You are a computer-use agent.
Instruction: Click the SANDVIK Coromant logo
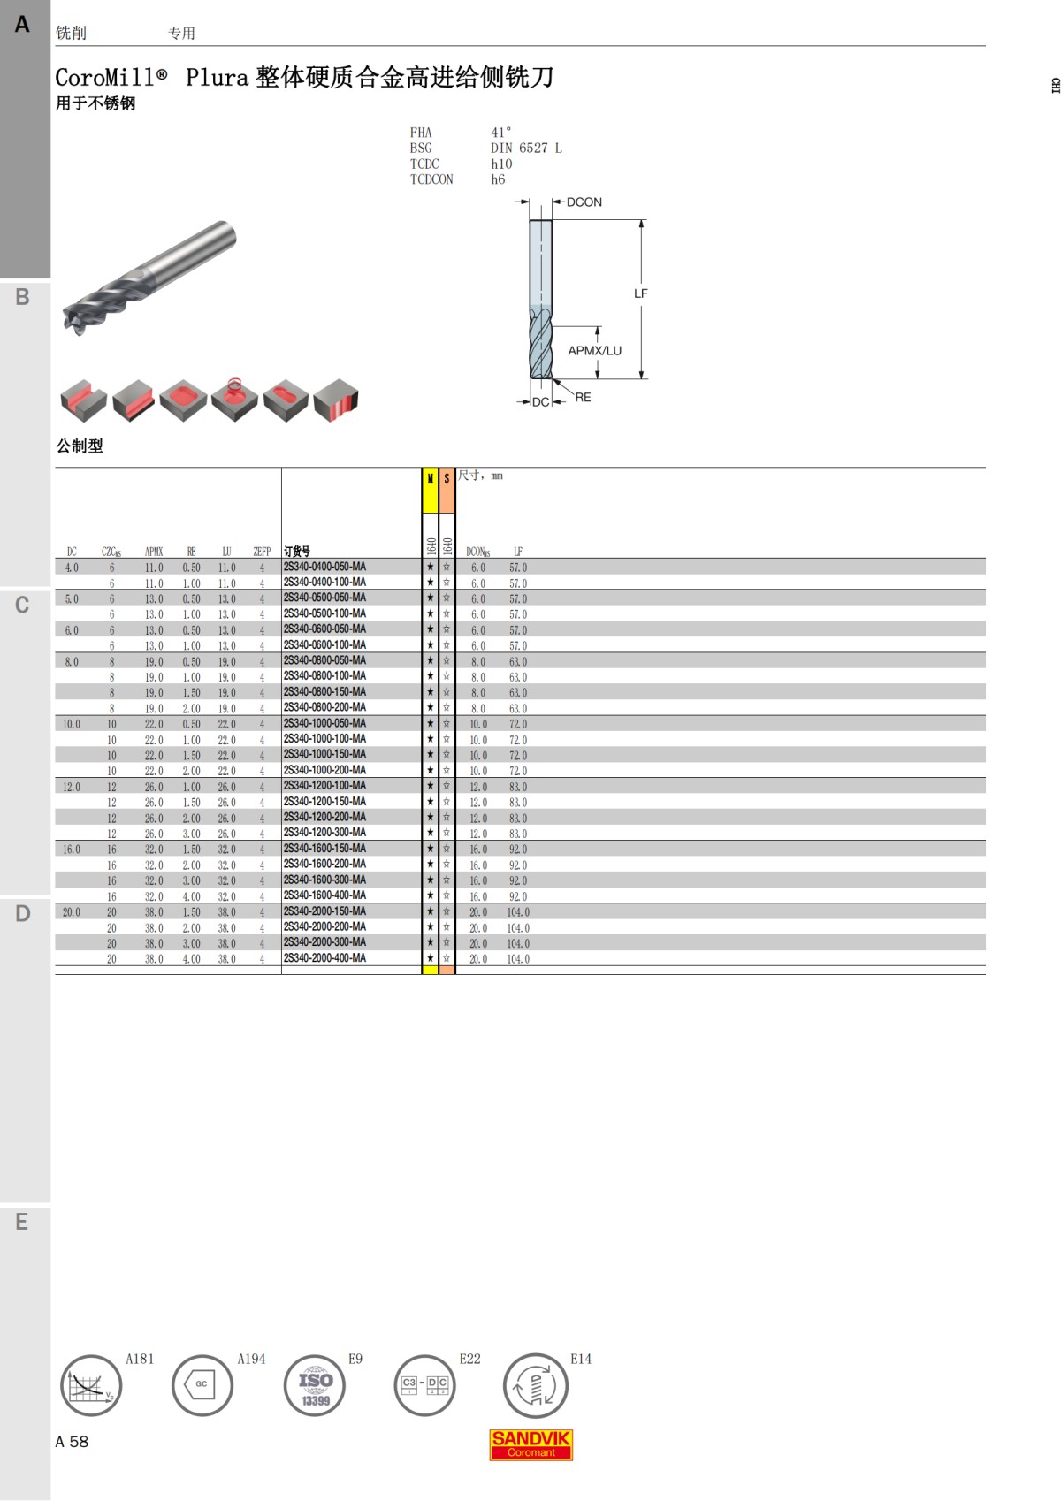530,1444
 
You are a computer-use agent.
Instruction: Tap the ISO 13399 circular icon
315,1385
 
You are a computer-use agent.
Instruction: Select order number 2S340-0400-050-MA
324,567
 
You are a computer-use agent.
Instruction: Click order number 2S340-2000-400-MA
324,958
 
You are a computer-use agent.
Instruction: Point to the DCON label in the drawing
584,202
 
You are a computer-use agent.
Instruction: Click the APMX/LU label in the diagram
594,351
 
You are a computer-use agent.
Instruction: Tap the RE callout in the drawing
583,398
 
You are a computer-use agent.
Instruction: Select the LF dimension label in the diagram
641,293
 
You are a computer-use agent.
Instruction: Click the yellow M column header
430,479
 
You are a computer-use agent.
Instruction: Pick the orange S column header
447,479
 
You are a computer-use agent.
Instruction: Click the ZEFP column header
262,552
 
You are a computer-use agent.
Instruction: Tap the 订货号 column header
297,552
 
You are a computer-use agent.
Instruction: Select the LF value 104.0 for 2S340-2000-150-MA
518,912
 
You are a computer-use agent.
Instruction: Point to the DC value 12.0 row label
72,787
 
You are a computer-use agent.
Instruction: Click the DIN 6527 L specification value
526,149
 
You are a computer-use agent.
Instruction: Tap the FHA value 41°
500,133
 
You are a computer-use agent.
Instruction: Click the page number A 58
72,1442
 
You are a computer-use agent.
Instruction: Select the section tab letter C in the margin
22,606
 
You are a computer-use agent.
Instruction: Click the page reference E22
469,1359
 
